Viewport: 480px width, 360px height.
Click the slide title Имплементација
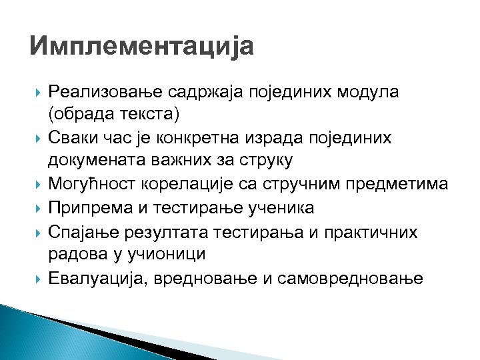coord(142,47)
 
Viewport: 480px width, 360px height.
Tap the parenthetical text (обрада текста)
coord(114,114)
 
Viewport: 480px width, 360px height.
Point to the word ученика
coord(281,208)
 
